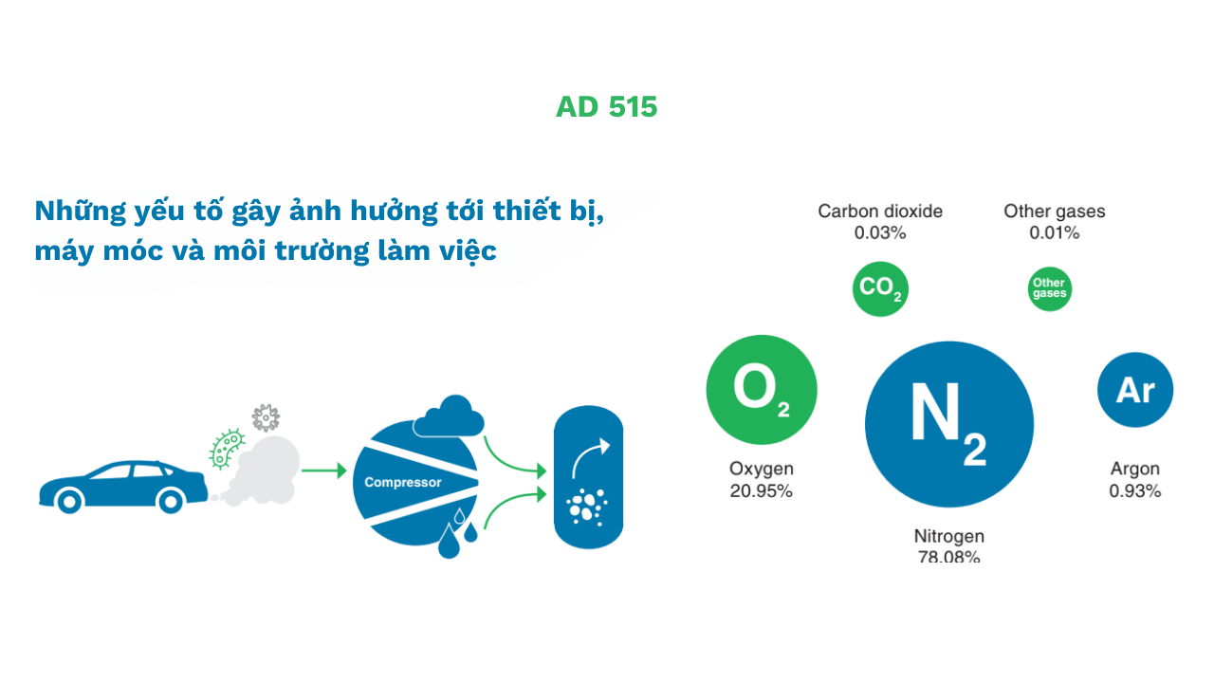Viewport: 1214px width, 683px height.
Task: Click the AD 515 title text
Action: click(x=606, y=107)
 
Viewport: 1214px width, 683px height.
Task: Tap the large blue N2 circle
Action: click(x=948, y=423)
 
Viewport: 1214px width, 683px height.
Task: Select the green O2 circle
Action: click(x=761, y=390)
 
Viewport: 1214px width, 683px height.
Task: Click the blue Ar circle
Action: click(x=1134, y=389)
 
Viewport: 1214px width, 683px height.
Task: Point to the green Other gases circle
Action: click(x=1049, y=288)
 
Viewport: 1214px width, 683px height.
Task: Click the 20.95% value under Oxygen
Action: click(x=761, y=491)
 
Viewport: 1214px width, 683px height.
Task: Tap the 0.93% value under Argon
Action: click(x=1134, y=491)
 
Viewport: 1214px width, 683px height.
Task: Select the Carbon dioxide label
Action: click(x=880, y=212)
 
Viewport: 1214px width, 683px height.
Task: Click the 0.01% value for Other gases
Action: click(x=1054, y=233)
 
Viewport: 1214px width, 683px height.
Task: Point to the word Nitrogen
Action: click(x=948, y=536)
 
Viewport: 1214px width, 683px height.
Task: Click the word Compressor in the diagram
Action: click(x=403, y=483)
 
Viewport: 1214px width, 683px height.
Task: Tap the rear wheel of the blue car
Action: click(x=170, y=499)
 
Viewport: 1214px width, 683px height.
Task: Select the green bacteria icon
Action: click(x=226, y=449)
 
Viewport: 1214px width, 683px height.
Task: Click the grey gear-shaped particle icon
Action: click(x=266, y=417)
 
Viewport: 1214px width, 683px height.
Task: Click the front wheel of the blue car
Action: click(x=68, y=499)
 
